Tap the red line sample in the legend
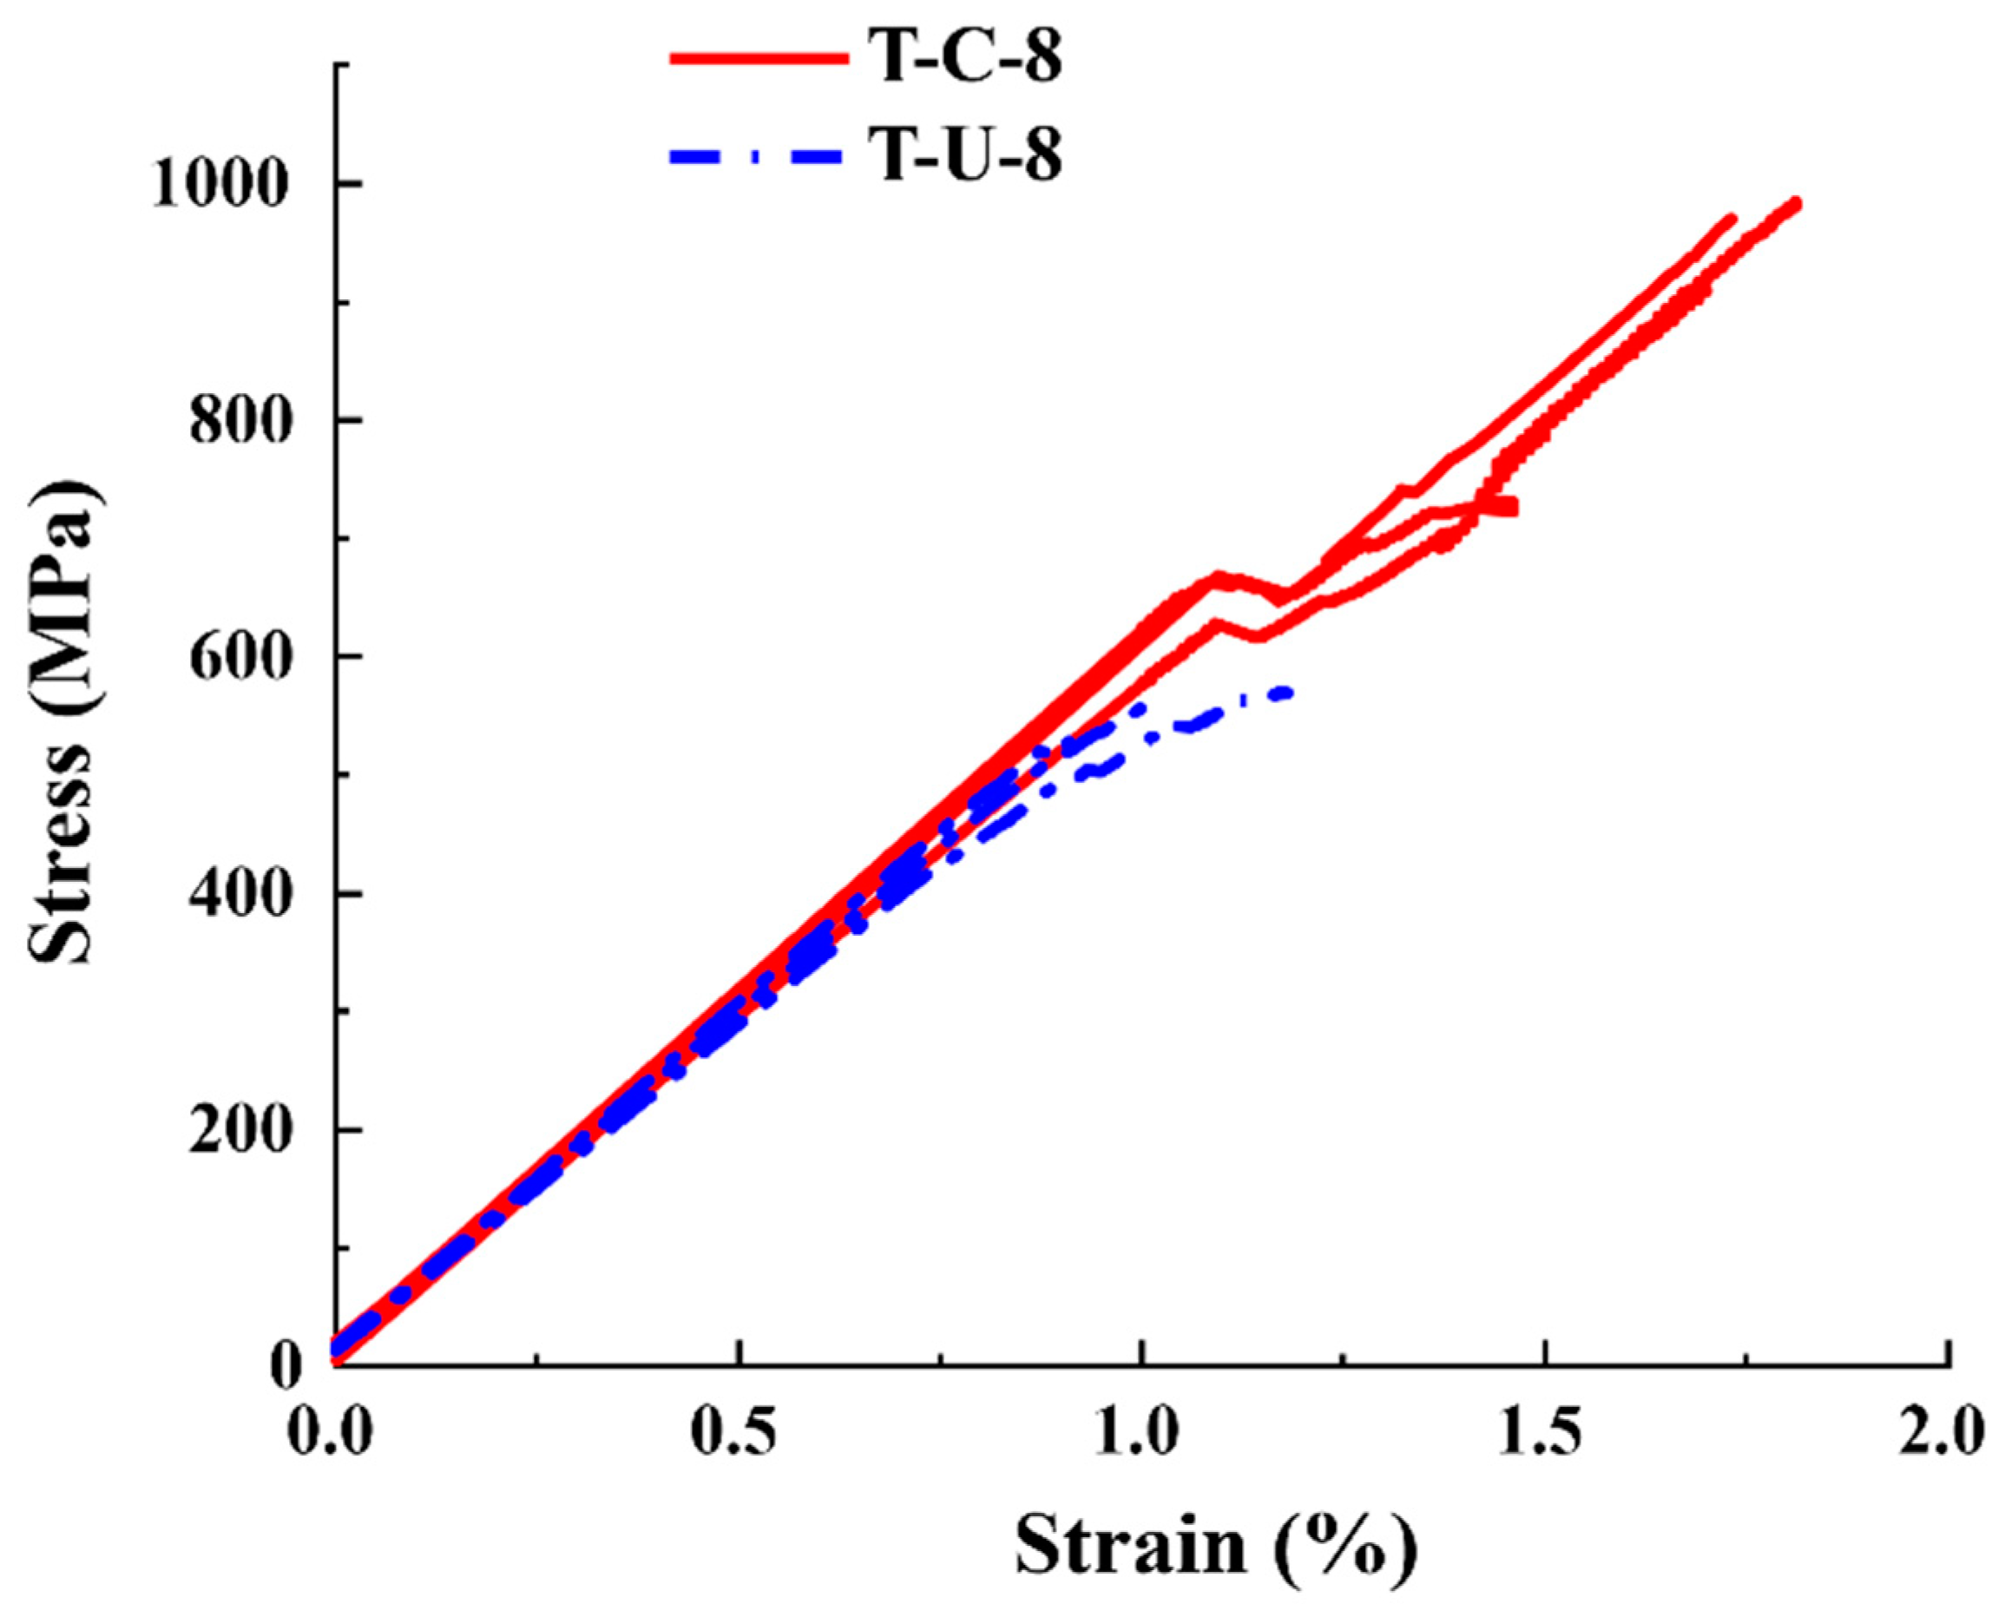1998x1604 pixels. (x=758, y=58)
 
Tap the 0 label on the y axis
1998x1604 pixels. (x=288, y=1367)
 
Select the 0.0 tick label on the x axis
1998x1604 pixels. (x=330, y=1432)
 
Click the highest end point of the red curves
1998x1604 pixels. (x=1795, y=203)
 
